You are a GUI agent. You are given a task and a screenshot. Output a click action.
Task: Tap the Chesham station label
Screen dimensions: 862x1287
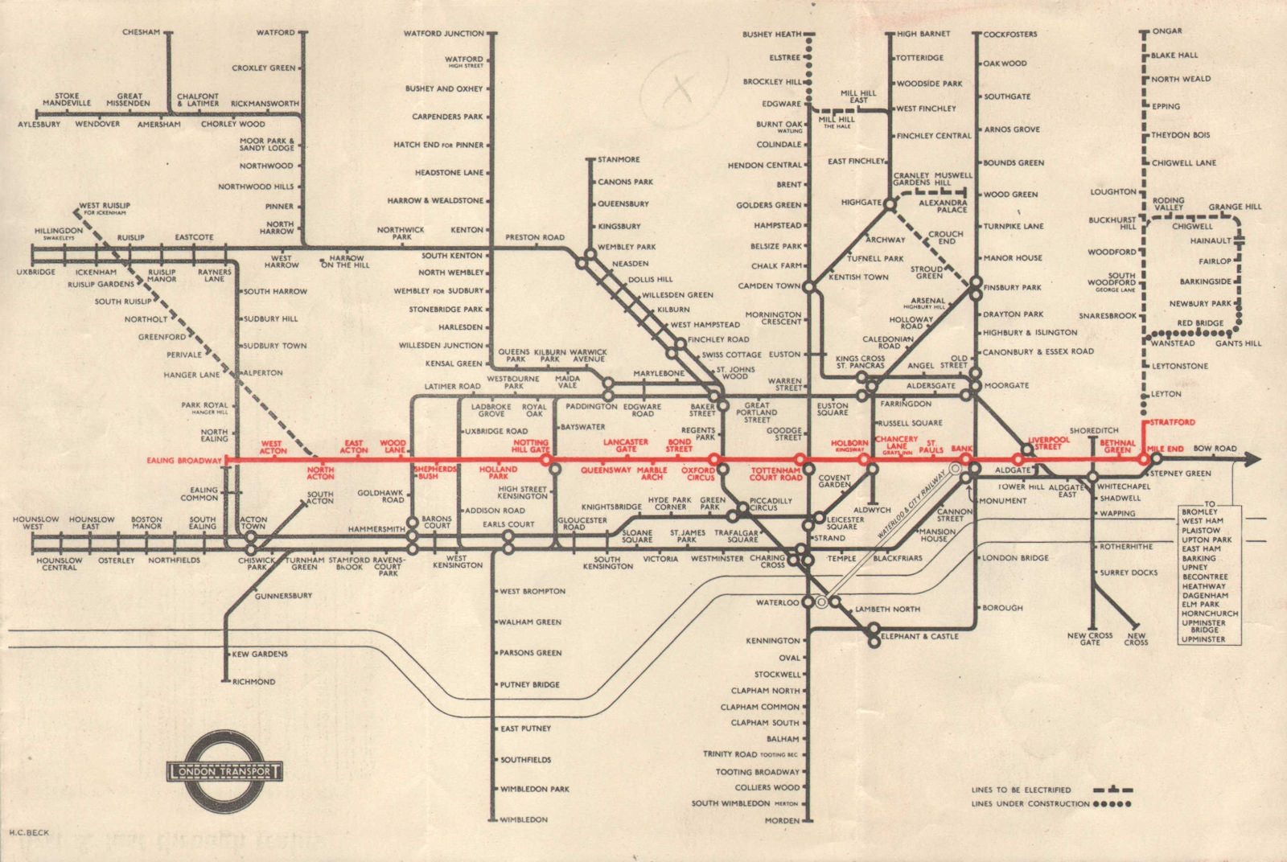tap(141, 32)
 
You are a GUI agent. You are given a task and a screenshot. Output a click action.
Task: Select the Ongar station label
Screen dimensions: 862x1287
tap(1166, 31)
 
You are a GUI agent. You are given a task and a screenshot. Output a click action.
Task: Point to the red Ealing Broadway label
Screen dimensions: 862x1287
tap(184, 460)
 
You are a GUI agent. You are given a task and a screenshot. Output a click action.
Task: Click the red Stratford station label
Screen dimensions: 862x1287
tap(1172, 422)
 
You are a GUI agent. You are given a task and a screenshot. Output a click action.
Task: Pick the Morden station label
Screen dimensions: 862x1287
tap(782, 820)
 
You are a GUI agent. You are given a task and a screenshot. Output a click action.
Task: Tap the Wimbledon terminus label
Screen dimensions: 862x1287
tap(524, 819)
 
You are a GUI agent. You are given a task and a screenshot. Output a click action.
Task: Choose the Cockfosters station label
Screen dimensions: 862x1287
tap(1009, 35)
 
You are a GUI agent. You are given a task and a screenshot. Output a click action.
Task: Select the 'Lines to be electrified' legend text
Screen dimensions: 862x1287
tap(1021, 790)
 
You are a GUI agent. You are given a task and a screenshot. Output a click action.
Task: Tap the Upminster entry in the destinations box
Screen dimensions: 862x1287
tap(1203, 639)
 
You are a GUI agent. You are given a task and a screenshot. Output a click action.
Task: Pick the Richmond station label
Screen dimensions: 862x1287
tap(253, 681)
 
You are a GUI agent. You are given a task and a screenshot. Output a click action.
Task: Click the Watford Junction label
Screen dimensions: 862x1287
tap(443, 33)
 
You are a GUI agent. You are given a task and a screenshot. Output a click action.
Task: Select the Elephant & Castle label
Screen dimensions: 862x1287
tap(922, 636)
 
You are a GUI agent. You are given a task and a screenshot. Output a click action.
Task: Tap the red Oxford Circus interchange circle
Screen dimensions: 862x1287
tap(713, 459)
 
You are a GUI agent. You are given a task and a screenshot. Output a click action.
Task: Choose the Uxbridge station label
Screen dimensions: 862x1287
tap(36, 272)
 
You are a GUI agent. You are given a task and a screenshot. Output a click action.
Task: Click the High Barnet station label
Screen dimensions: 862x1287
tap(923, 34)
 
